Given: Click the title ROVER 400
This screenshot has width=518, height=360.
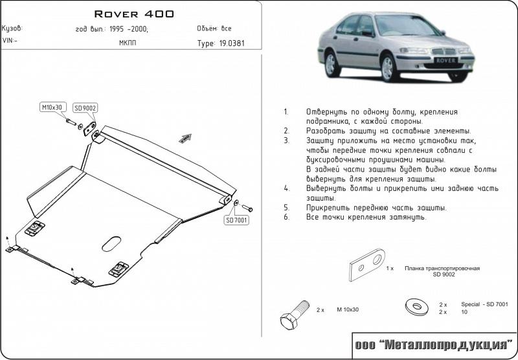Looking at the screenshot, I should [x=134, y=13].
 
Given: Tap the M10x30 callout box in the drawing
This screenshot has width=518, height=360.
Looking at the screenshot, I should [x=53, y=107].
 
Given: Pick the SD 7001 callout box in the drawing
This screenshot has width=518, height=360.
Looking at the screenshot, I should [x=237, y=221].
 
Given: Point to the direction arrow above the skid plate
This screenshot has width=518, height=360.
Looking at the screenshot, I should [x=186, y=137].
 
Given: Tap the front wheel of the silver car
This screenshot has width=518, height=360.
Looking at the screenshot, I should [x=389, y=67].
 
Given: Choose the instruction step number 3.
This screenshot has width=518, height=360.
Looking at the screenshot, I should [x=286, y=140].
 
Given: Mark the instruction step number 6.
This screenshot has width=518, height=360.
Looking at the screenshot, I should [x=286, y=218].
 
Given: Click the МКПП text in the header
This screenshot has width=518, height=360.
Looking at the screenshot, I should [x=128, y=43].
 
